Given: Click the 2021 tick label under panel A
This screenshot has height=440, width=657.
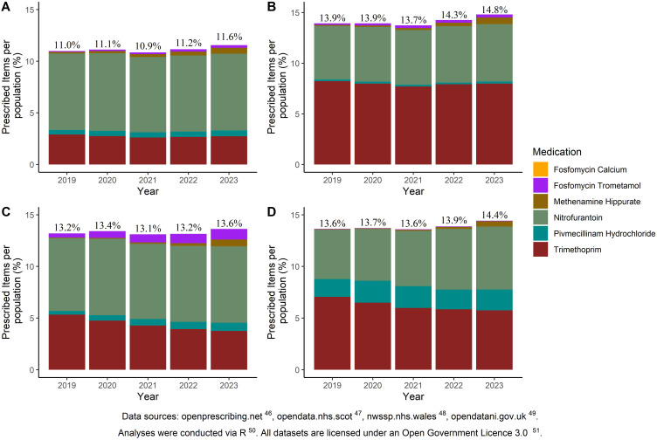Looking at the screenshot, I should (155, 175).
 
